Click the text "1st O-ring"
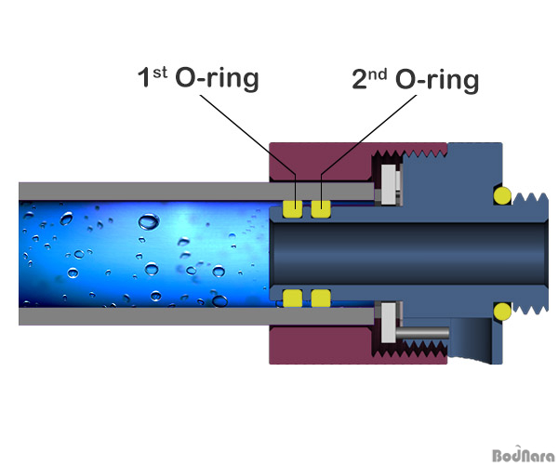point(198,78)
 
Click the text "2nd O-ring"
point(416,79)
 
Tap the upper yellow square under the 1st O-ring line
point(293,209)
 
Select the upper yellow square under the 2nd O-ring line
point(321,209)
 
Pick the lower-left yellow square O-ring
point(293,299)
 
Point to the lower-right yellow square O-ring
point(321,299)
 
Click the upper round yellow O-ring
point(502,195)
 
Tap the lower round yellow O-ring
point(502,312)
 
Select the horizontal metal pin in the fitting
point(422,333)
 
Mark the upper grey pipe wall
point(196,192)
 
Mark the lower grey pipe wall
point(196,316)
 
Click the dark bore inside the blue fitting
point(409,254)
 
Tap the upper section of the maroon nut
point(320,162)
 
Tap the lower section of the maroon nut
point(320,345)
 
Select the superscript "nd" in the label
point(378,74)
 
